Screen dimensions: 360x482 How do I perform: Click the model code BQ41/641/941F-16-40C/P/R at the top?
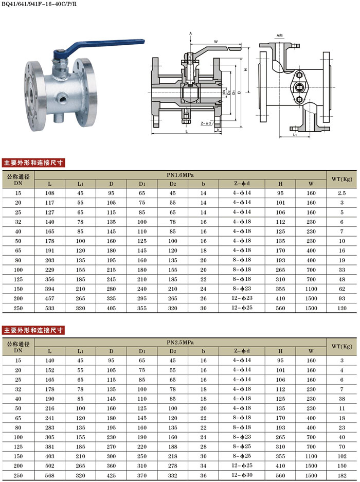(x=39, y=4)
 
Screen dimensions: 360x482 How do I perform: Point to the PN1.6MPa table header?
(x=180, y=175)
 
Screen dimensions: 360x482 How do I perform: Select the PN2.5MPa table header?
(x=180, y=343)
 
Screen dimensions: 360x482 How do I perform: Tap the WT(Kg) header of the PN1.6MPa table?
(x=341, y=179)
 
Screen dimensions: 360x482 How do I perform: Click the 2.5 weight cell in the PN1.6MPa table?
(x=342, y=193)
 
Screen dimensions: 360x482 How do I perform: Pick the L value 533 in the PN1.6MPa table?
(x=49, y=308)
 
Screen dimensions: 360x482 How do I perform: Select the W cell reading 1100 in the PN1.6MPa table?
(x=311, y=289)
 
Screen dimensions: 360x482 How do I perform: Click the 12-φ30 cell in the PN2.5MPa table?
(x=242, y=475)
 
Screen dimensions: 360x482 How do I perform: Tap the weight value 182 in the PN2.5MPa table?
(x=342, y=475)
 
